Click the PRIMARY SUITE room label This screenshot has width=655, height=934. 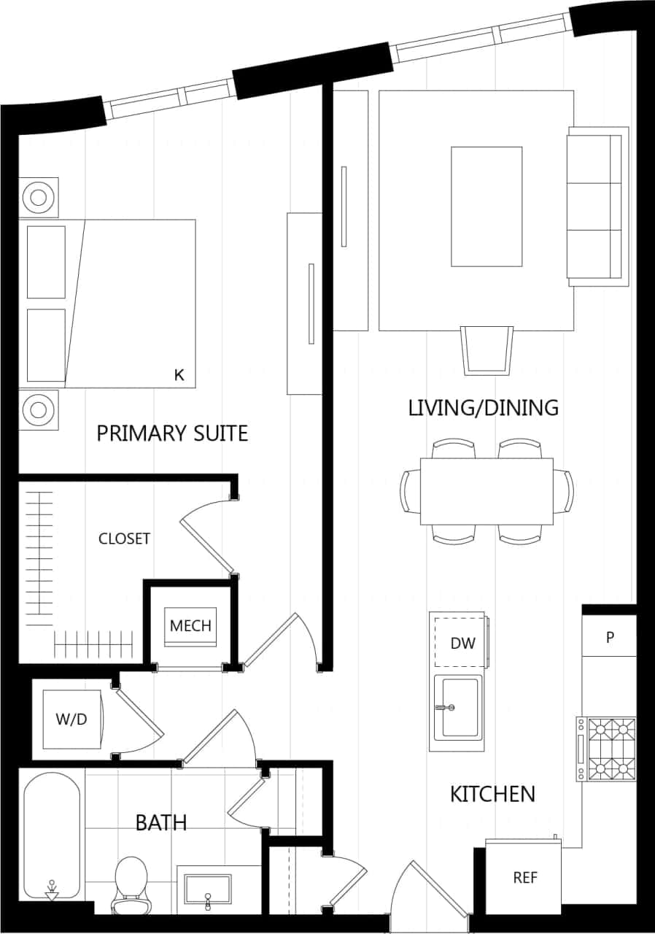pyautogui.click(x=172, y=433)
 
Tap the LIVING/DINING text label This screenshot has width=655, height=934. pyautogui.click(x=483, y=407)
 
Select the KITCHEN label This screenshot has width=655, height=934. pyautogui.click(x=492, y=794)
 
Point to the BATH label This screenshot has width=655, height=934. pyautogui.click(x=161, y=823)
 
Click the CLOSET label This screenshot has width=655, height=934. pyautogui.click(x=124, y=539)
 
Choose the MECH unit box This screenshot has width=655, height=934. pyautogui.click(x=190, y=626)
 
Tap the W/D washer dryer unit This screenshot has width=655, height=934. pyautogui.click(x=71, y=719)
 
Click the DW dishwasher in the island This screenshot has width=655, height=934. pyautogui.click(x=462, y=642)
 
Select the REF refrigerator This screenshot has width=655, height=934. pyautogui.click(x=524, y=877)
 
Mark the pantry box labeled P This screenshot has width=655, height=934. pyautogui.click(x=610, y=637)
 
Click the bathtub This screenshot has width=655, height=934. pyautogui.click(x=52, y=835)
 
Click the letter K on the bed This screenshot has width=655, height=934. pyautogui.click(x=179, y=375)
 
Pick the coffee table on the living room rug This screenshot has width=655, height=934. pyautogui.click(x=487, y=207)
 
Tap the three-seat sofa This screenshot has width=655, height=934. pyautogui.click(x=597, y=207)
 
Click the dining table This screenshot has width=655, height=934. pyautogui.click(x=487, y=491)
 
